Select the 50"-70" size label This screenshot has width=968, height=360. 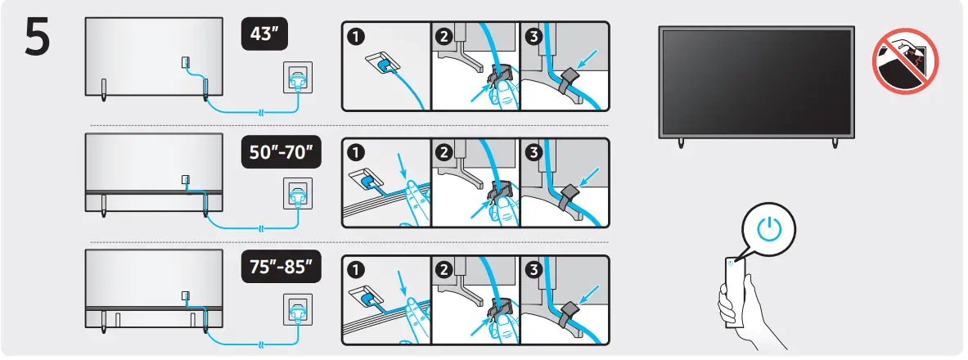pyautogui.click(x=280, y=153)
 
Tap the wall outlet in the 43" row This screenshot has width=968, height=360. pyautogui.click(x=296, y=79)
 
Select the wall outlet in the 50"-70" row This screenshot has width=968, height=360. pyautogui.click(x=296, y=195)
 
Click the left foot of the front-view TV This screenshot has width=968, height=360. pyautogui.click(x=681, y=142)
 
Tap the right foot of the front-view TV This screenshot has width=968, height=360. pyautogui.click(x=835, y=142)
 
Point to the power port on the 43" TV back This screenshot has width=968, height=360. pyautogui.click(x=185, y=62)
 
